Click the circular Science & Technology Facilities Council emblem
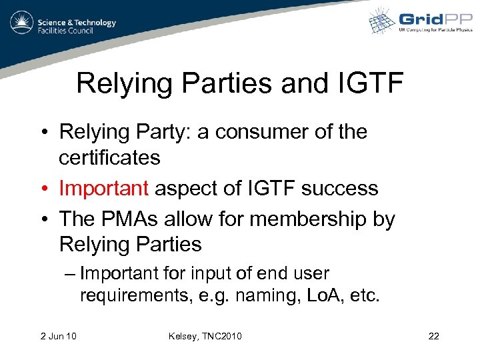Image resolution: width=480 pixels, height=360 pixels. coord(22,23)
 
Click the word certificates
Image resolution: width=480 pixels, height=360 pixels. coord(109,158)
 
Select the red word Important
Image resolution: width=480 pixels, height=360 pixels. coord(103,189)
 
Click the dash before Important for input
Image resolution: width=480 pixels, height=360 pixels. coord(71,274)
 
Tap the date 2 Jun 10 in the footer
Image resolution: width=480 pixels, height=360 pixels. coord(57,335)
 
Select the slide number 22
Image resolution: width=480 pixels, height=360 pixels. coord(433,335)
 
